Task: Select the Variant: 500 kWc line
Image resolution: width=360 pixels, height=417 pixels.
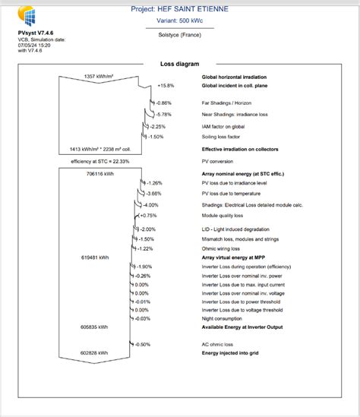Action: (x=180, y=23)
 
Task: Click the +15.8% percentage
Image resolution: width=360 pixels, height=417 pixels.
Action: (x=166, y=86)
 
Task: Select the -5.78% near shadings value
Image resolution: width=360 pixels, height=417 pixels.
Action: (x=163, y=114)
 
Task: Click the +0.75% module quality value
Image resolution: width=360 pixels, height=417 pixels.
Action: (x=148, y=216)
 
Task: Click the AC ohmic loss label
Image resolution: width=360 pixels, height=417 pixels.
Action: (x=218, y=344)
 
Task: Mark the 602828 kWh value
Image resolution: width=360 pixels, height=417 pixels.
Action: (x=95, y=353)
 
